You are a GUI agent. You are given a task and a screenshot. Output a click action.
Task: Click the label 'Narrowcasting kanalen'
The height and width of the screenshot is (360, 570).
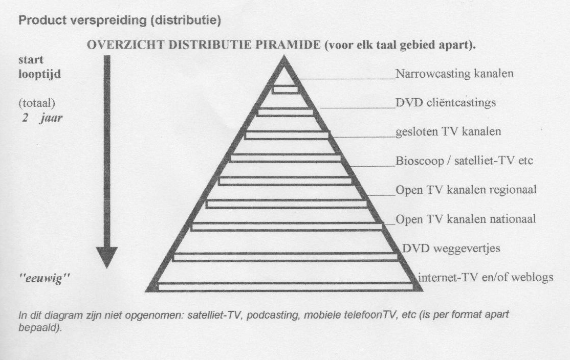pyautogui.click(x=454, y=74)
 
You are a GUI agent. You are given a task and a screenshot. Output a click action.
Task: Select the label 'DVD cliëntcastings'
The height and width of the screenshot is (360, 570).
pyautogui.click(x=446, y=103)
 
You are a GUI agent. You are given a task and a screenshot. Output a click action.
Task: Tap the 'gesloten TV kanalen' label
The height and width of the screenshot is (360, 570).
pyautogui.click(x=448, y=131)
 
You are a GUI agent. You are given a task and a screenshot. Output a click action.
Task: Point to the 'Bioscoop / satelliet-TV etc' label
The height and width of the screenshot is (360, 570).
pyautogui.click(x=464, y=161)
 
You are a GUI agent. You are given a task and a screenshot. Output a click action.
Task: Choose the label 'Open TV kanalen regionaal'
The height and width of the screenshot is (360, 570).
pyautogui.click(x=466, y=190)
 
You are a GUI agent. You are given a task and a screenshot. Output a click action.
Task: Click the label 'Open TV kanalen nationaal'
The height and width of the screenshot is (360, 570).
pyautogui.click(x=466, y=219)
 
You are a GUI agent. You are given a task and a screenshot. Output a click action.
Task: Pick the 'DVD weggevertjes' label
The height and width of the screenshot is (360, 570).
pyautogui.click(x=451, y=249)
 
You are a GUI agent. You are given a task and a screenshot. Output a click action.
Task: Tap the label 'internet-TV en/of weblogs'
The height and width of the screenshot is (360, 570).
pyautogui.click(x=486, y=278)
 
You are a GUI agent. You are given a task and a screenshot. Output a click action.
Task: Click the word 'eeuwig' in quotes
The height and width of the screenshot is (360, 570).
pyautogui.click(x=45, y=279)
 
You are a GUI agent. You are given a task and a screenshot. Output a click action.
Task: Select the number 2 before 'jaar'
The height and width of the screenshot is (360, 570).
pyautogui.click(x=25, y=118)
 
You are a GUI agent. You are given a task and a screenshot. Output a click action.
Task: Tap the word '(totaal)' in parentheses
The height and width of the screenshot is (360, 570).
pyautogui.click(x=37, y=103)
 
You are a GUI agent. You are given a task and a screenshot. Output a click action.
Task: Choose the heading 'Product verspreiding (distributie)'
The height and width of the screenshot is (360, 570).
pyautogui.click(x=120, y=20)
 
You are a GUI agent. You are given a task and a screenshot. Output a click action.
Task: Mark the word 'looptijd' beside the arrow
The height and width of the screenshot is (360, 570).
pyautogui.click(x=39, y=75)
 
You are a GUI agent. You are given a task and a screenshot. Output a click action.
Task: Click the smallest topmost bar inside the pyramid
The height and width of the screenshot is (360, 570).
pyautogui.click(x=285, y=89)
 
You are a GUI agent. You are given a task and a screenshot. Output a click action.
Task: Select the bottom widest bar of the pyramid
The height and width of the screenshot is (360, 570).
pyautogui.click(x=286, y=287)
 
